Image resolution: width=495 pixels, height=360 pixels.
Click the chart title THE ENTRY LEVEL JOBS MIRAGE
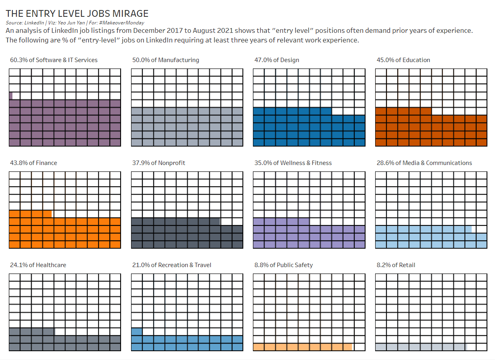tap(77, 14)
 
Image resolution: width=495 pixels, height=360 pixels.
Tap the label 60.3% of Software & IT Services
tap(54, 60)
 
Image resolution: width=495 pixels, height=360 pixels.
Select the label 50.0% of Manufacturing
tap(166, 60)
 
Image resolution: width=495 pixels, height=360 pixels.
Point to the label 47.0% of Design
tap(277, 60)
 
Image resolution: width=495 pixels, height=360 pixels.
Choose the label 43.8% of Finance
tap(33, 163)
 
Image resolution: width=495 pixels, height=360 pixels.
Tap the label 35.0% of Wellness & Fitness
tap(293, 163)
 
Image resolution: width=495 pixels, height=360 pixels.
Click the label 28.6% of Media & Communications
tap(424, 163)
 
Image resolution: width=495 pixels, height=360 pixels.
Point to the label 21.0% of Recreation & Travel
tap(172, 265)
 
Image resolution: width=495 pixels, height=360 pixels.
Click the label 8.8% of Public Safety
tap(283, 265)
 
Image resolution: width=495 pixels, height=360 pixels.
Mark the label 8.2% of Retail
tap(396, 265)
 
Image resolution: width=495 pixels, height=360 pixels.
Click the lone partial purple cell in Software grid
tap(11, 96)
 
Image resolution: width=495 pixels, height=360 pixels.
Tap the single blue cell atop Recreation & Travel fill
tap(137, 332)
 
